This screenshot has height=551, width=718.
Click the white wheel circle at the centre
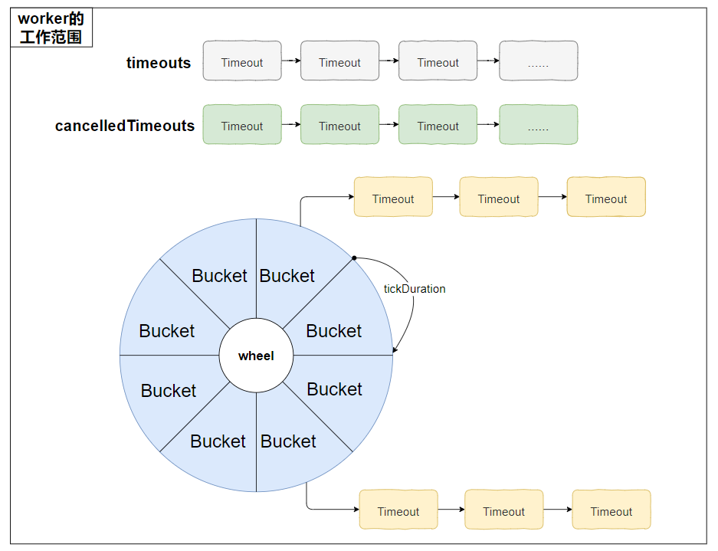click(x=256, y=356)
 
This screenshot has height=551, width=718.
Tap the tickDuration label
click(x=415, y=289)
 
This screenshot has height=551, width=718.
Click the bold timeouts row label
click(x=159, y=63)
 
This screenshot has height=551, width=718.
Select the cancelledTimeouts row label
click(x=125, y=126)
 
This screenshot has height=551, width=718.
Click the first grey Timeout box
click(x=242, y=61)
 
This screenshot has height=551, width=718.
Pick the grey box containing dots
click(x=539, y=61)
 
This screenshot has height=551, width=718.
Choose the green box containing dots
click(x=539, y=125)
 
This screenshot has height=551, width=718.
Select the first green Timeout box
click(x=242, y=125)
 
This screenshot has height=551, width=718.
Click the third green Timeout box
click(x=438, y=125)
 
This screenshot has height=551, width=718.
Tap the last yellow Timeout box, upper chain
click(x=606, y=197)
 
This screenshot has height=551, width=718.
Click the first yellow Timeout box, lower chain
click(x=398, y=510)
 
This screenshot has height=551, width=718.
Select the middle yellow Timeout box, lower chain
click(x=504, y=510)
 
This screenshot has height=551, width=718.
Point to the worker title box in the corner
click(x=51, y=28)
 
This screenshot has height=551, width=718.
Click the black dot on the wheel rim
click(x=354, y=258)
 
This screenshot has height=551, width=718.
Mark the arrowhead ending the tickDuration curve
click(x=395, y=350)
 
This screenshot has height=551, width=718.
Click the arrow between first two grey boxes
click(x=291, y=61)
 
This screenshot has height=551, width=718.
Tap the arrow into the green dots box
click(x=488, y=124)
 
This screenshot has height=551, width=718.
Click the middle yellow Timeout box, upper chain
click(x=499, y=197)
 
